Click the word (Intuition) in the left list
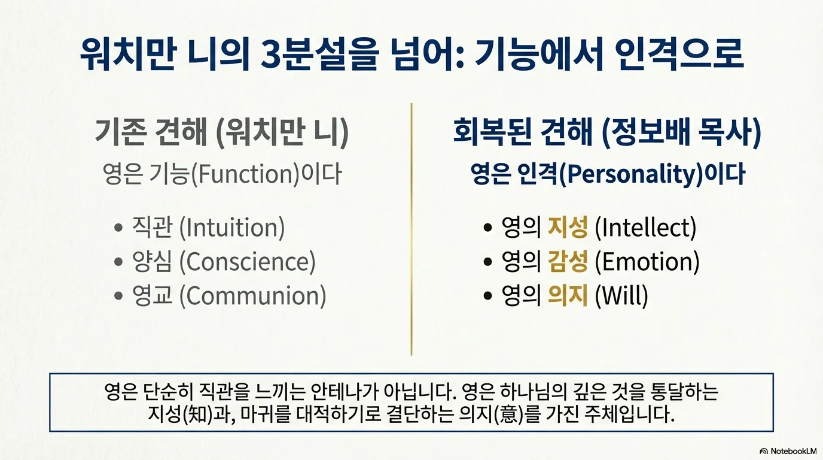231,228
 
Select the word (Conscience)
247,262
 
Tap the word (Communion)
252,296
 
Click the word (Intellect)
646,228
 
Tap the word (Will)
621,296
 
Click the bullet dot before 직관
119,229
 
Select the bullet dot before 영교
119,296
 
